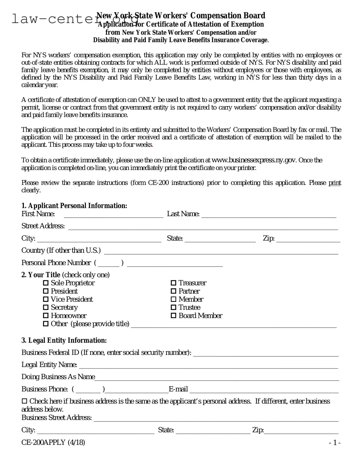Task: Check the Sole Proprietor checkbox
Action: pos(46,283)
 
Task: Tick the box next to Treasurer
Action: pos(173,283)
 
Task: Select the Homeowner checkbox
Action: pos(46,316)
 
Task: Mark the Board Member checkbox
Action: pos(173,316)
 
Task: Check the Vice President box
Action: pos(46,299)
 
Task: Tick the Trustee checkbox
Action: pos(173,308)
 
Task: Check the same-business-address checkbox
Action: pos(24,401)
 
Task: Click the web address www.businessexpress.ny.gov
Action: pos(254,160)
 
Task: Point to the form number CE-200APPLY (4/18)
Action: pos(53,442)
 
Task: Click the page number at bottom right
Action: pos(335,443)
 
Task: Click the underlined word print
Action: pos(335,183)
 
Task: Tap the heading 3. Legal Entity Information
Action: pos(64,340)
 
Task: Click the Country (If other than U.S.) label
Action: pos(61,251)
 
